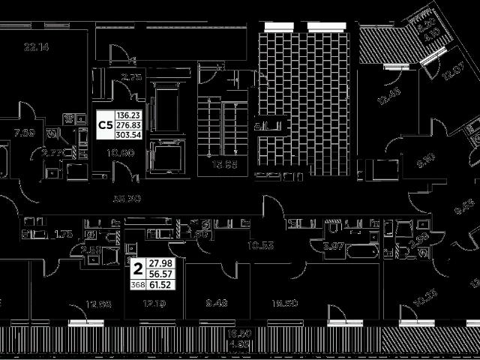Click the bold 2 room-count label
pos(137,268)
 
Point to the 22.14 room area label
pos(35,48)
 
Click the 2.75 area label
pos(111,76)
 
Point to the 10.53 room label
pos(260,244)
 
